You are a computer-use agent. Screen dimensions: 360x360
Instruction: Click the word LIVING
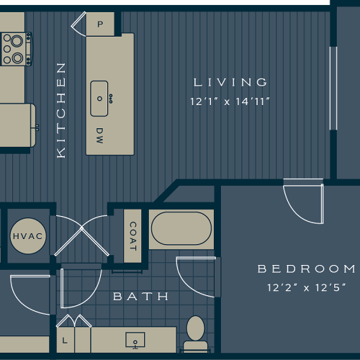[230, 82]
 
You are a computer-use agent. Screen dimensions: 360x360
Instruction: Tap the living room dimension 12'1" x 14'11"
[230, 102]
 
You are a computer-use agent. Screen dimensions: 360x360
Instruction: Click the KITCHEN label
[61, 109]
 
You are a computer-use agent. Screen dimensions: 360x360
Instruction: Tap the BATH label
[140, 296]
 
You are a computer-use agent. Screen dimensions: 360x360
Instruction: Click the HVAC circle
[28, 236]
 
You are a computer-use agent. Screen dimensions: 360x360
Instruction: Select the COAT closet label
[133, 235]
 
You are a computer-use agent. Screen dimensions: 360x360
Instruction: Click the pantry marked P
[99, 23]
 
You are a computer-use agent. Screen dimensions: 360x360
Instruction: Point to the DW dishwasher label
[99, 134]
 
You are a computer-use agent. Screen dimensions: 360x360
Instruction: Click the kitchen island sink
[100, 99]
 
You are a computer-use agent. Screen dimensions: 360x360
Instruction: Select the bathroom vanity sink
[134, 339]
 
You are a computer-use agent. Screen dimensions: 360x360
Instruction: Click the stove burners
[14, 48]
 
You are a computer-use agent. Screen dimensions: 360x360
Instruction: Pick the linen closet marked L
[66, 339]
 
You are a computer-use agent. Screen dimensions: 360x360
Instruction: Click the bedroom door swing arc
[300, 203]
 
